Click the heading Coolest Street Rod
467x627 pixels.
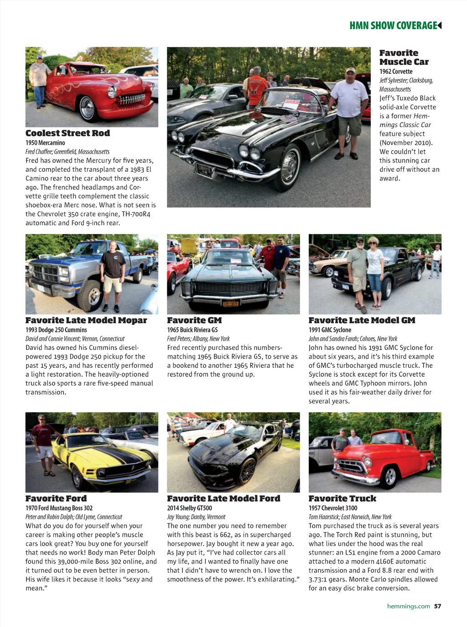[67, 133]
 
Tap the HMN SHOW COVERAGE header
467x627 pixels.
[393, 26]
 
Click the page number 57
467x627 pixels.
[437, 606]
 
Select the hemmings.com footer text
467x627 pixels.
[408, 606]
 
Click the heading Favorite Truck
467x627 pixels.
[342, 499]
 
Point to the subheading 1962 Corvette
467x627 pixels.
[396, 72]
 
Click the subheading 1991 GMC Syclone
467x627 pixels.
[330, 330]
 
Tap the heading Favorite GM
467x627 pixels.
[194, 320]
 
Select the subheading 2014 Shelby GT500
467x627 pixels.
[189, 508]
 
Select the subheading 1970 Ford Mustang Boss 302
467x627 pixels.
[59, 508]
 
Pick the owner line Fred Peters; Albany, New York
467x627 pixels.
[198, 339]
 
